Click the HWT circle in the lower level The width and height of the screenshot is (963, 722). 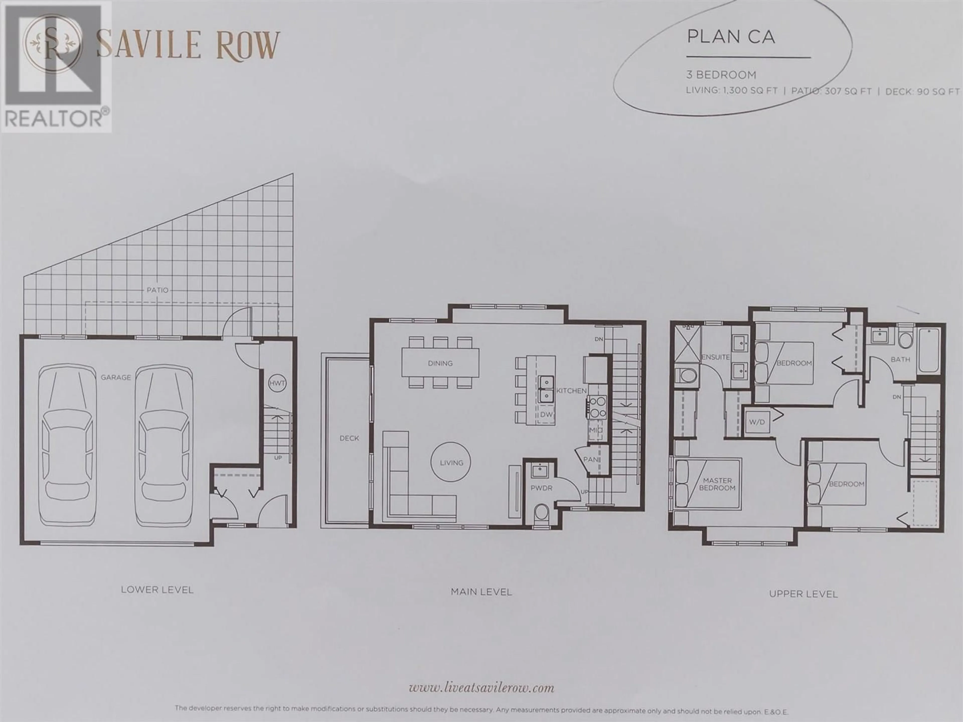[x=277, y=383]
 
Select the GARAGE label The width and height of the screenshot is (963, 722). [x=116, y=377]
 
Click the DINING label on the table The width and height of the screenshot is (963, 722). [x=440, y=363]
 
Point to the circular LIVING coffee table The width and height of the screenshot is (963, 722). [x=451, y=462]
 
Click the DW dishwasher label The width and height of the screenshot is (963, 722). [x=546, y=415]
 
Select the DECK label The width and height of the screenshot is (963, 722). [x=349, y=438]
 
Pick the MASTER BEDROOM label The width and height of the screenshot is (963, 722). [x=717, y=484]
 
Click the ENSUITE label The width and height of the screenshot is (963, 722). [x=715, y=357]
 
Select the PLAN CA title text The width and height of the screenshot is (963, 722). [x=731, y=37]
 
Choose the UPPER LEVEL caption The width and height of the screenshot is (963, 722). [x=803, y=594]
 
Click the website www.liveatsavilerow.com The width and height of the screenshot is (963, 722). [x=481, y=676]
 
